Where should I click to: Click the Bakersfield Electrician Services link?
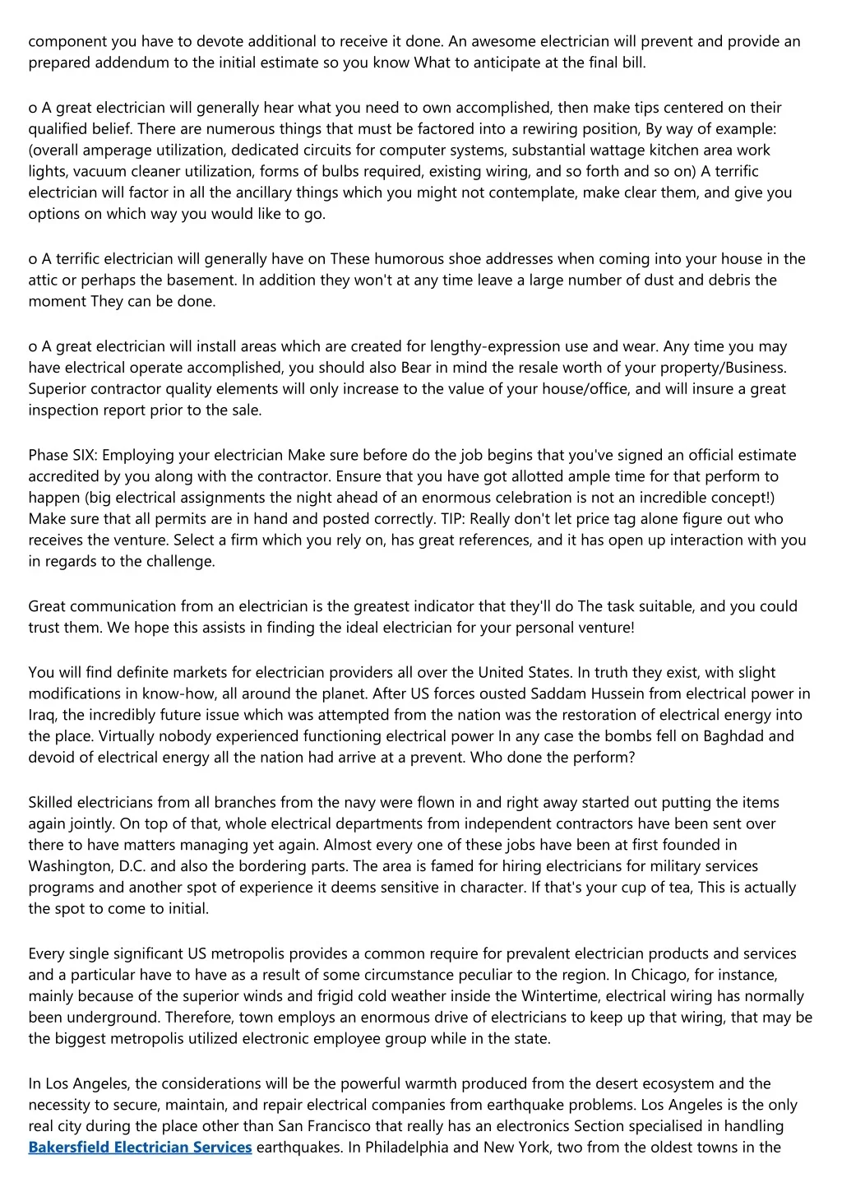pyautogui.click(x=140, y=1147)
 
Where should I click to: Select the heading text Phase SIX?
pyautogui.click(x=62, y=455)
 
